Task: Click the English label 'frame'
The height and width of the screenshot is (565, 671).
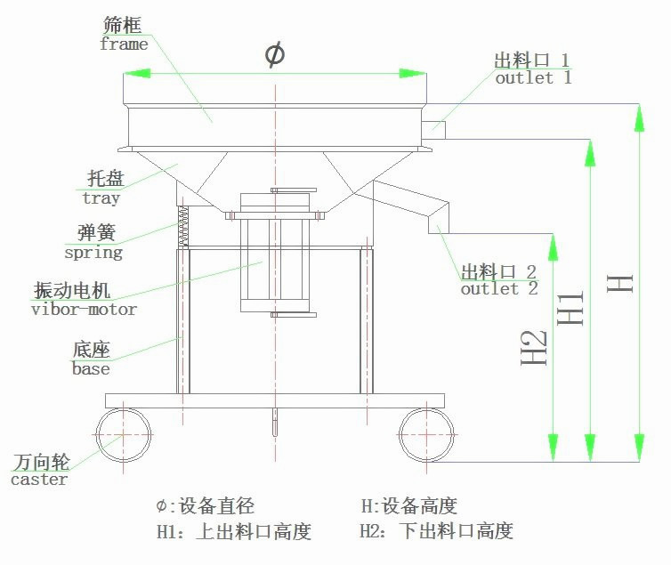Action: (x=124, y=44)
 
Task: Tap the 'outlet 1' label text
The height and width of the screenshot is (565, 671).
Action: (x=533, y=77)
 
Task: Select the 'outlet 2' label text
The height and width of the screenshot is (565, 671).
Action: (x=498, y=288)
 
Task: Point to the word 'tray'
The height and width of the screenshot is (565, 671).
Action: (x=101, y=198)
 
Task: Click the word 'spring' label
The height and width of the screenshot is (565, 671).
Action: (x=93, y=252)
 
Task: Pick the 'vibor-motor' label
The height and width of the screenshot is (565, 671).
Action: (x=85, y=310)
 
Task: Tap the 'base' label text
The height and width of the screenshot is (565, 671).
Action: (x=91, y=368)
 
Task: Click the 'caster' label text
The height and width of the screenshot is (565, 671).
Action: (x=39, y=480)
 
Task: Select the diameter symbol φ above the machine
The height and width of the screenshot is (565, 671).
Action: (x=275, y=54)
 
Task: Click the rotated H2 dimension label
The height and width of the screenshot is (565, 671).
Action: (x=533, y=347)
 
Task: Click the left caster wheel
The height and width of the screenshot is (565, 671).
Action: (x=122, y=434)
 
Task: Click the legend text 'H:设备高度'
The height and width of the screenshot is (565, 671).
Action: (x=408, y=506)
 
